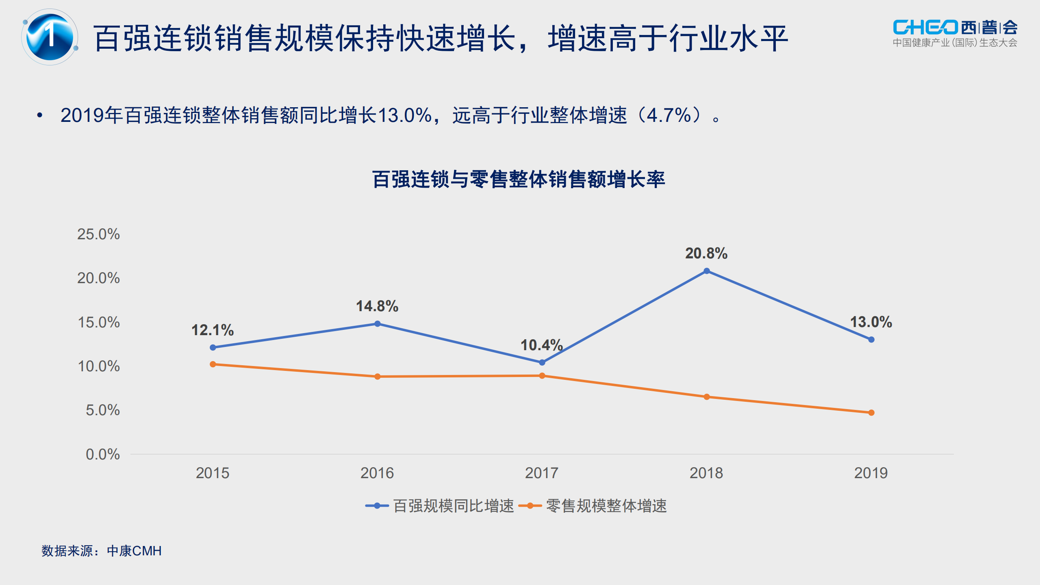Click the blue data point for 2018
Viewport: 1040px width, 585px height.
pos(706,271)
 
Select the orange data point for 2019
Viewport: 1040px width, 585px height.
pos(871,413)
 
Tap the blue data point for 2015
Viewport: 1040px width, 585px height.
pos(213,347)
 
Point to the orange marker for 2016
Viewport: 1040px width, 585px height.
pos(378,377)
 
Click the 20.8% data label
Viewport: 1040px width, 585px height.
pos(706,253)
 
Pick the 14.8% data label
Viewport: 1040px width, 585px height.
pos(377,306)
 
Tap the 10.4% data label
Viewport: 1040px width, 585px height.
pos(541,345)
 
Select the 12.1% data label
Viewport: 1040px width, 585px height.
pos(213,330)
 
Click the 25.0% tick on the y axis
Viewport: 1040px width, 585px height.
pos(98,234)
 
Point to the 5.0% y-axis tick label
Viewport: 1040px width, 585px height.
pos(102,410)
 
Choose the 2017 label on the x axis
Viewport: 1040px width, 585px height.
pos(542,473)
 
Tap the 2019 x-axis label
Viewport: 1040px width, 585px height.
pos(871,473)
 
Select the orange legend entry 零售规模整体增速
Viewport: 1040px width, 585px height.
pos(593,506)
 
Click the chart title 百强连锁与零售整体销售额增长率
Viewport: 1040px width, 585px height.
pos(519,180)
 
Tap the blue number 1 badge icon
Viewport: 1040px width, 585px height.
pos(50,37)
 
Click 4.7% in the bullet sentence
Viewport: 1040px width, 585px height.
pos(669,115)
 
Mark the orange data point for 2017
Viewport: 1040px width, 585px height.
pos(542,376)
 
